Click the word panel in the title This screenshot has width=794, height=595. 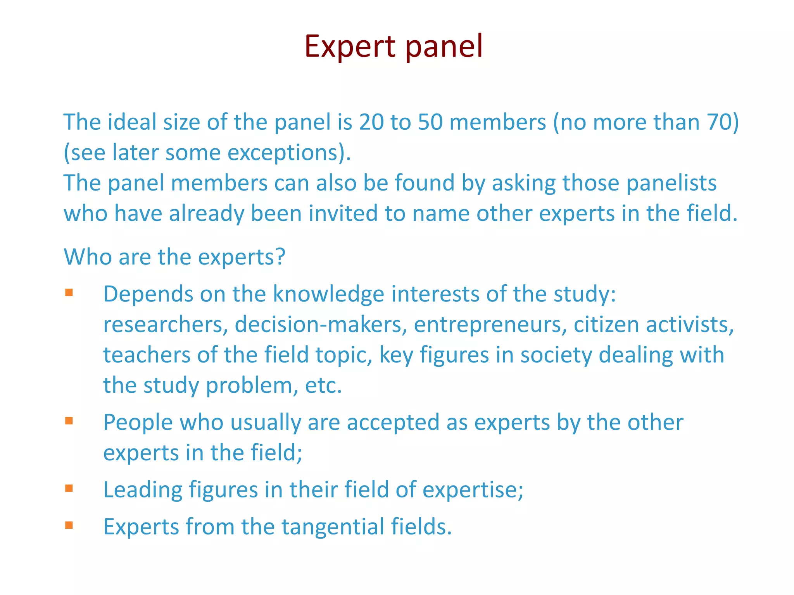[x=444, y=46]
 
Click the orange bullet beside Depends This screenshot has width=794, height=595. [x=69, y=292]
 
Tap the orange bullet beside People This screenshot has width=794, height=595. [x=69, y=421]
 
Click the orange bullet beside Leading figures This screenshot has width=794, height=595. [x=69, y=488]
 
